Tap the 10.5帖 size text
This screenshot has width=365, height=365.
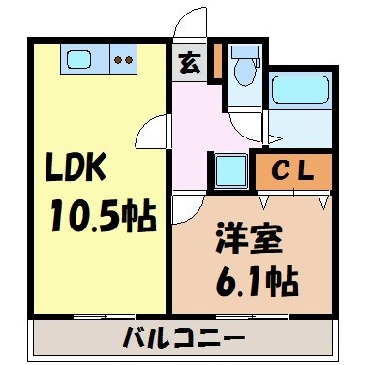click(103, 219)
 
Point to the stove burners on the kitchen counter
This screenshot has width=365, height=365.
click(123, 59)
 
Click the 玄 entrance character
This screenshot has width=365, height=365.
click(188, 65)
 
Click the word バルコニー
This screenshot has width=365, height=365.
click(184, 339)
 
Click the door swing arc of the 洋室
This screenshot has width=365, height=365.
click(190, 208)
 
